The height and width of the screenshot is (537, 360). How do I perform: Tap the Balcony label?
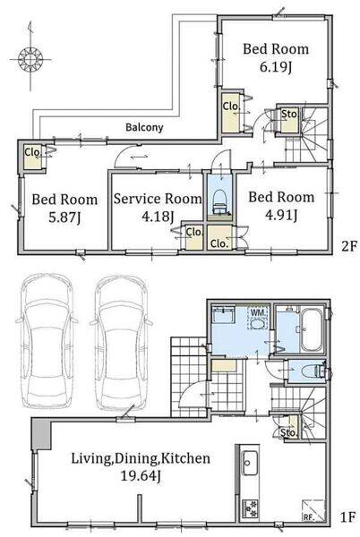144,127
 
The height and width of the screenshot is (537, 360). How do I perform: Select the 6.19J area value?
276,67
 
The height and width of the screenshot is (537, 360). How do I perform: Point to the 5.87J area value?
64,217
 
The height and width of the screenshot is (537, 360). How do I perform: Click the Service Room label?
158,199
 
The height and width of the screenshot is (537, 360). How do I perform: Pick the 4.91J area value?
281,215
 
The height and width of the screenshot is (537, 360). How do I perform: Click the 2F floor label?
349,246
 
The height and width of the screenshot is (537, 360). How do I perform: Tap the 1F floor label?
348,516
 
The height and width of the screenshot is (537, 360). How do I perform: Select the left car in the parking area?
47,342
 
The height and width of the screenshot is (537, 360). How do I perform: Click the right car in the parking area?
121,343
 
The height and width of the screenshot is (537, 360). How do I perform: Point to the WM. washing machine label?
257,312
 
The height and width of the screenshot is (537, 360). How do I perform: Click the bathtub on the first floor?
312,330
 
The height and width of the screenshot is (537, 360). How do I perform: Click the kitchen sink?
250,463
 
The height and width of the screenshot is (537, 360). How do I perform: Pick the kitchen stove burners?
250,508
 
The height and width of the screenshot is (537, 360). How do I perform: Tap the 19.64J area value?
141,476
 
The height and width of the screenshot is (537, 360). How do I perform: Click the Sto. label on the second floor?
289,114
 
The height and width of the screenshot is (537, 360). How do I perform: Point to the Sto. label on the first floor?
288,432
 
